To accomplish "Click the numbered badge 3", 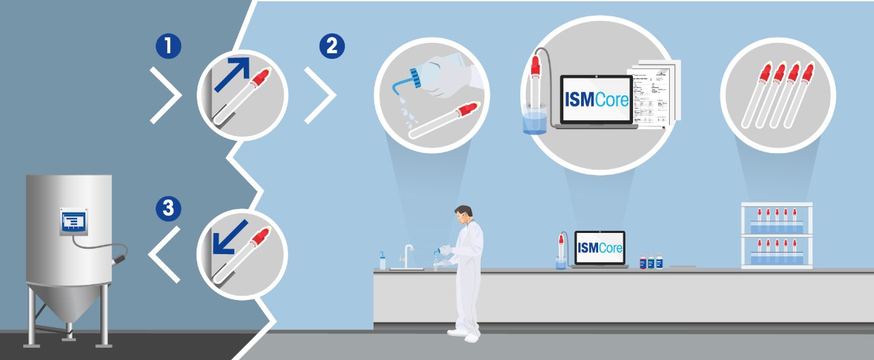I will click(x=168, y=209).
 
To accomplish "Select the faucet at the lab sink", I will click(x=408, y=255).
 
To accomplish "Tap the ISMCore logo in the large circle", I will click(x=594, y=99).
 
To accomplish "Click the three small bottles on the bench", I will click(x=651, y=262).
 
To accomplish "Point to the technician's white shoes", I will click(x=462, y=334).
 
